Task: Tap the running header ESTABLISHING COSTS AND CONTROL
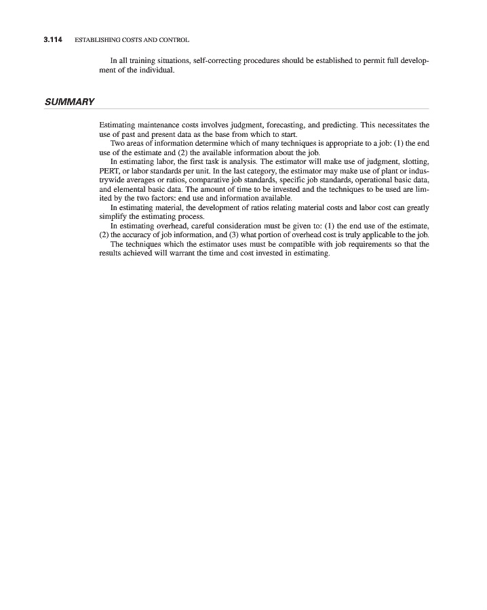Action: tap(132, 40)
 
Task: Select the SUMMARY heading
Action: tap(69, 102)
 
